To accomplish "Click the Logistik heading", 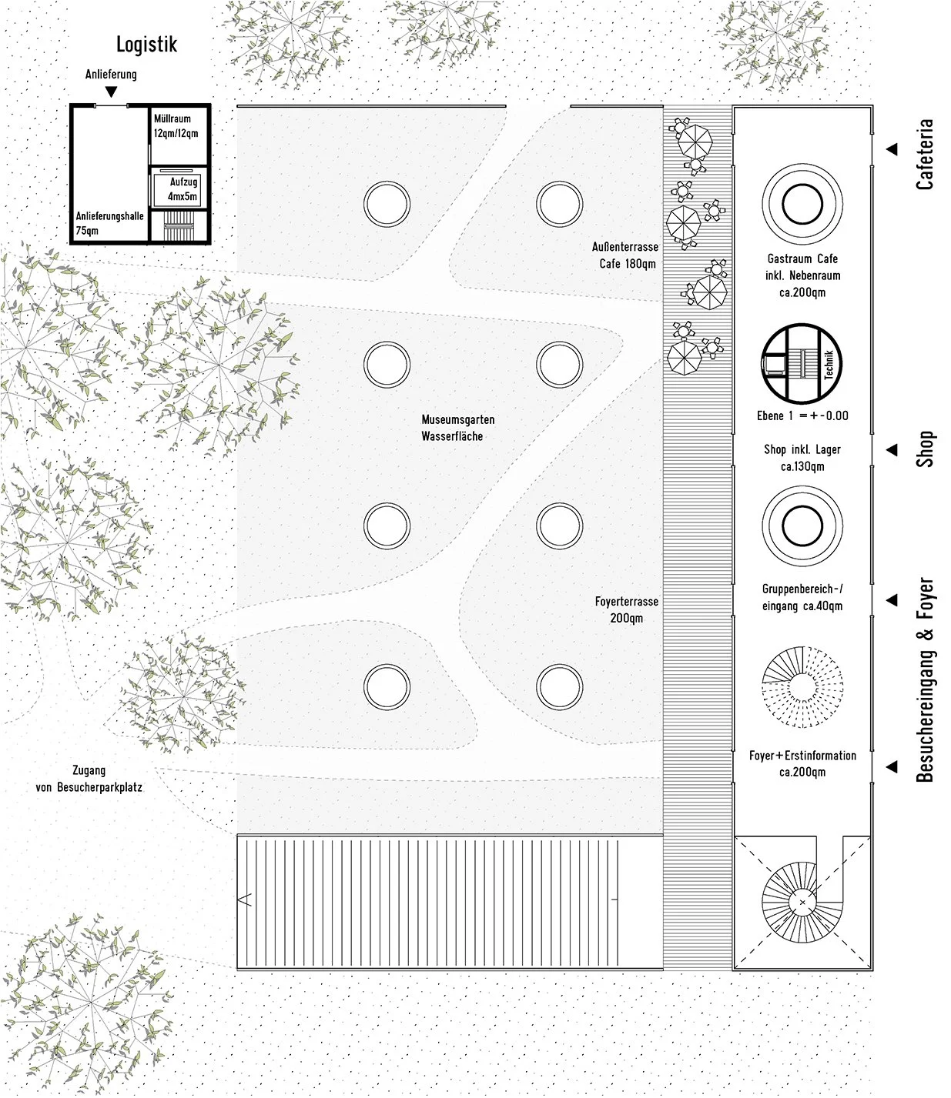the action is (x=146, y=45).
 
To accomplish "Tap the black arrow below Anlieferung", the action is (x=112, y=92).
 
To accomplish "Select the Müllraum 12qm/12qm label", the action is (x=176, y=126).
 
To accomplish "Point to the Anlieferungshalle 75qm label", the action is (x=109, y=223).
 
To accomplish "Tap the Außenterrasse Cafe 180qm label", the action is (x=625, y=255).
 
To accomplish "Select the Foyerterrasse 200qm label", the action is (x=626, y=610).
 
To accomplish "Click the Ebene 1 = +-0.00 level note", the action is (x=802, y=416).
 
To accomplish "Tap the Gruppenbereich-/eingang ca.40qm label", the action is (x=802, y=597).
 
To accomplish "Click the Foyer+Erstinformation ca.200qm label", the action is (x=802, y=763).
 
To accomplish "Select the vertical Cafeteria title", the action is (x=925, y=154).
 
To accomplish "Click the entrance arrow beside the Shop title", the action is (x=892, y=449).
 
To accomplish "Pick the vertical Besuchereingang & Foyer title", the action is (x=925, y=680).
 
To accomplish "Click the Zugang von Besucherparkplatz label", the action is (x=89, y=779).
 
